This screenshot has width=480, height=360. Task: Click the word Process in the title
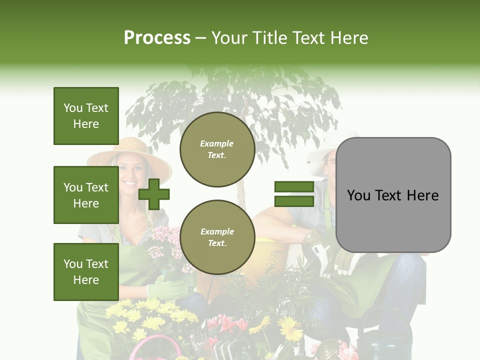click(x=157, y=38)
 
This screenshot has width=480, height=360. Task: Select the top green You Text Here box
click(x=86, y=116)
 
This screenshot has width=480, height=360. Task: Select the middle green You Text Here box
click(x=86, y=195)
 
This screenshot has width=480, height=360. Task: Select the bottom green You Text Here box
click(x=86, y=271)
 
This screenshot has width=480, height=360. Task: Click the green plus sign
click(x=154, y=194)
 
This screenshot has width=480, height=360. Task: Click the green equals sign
click(x=294, y=194)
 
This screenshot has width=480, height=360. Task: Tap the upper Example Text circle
click(x=217, y=149)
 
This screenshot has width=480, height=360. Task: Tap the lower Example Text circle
click(x=217, y=237)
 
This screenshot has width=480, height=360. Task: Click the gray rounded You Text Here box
click(x=393, y=195)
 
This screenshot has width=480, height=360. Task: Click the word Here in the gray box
click(x=422, y=195)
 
